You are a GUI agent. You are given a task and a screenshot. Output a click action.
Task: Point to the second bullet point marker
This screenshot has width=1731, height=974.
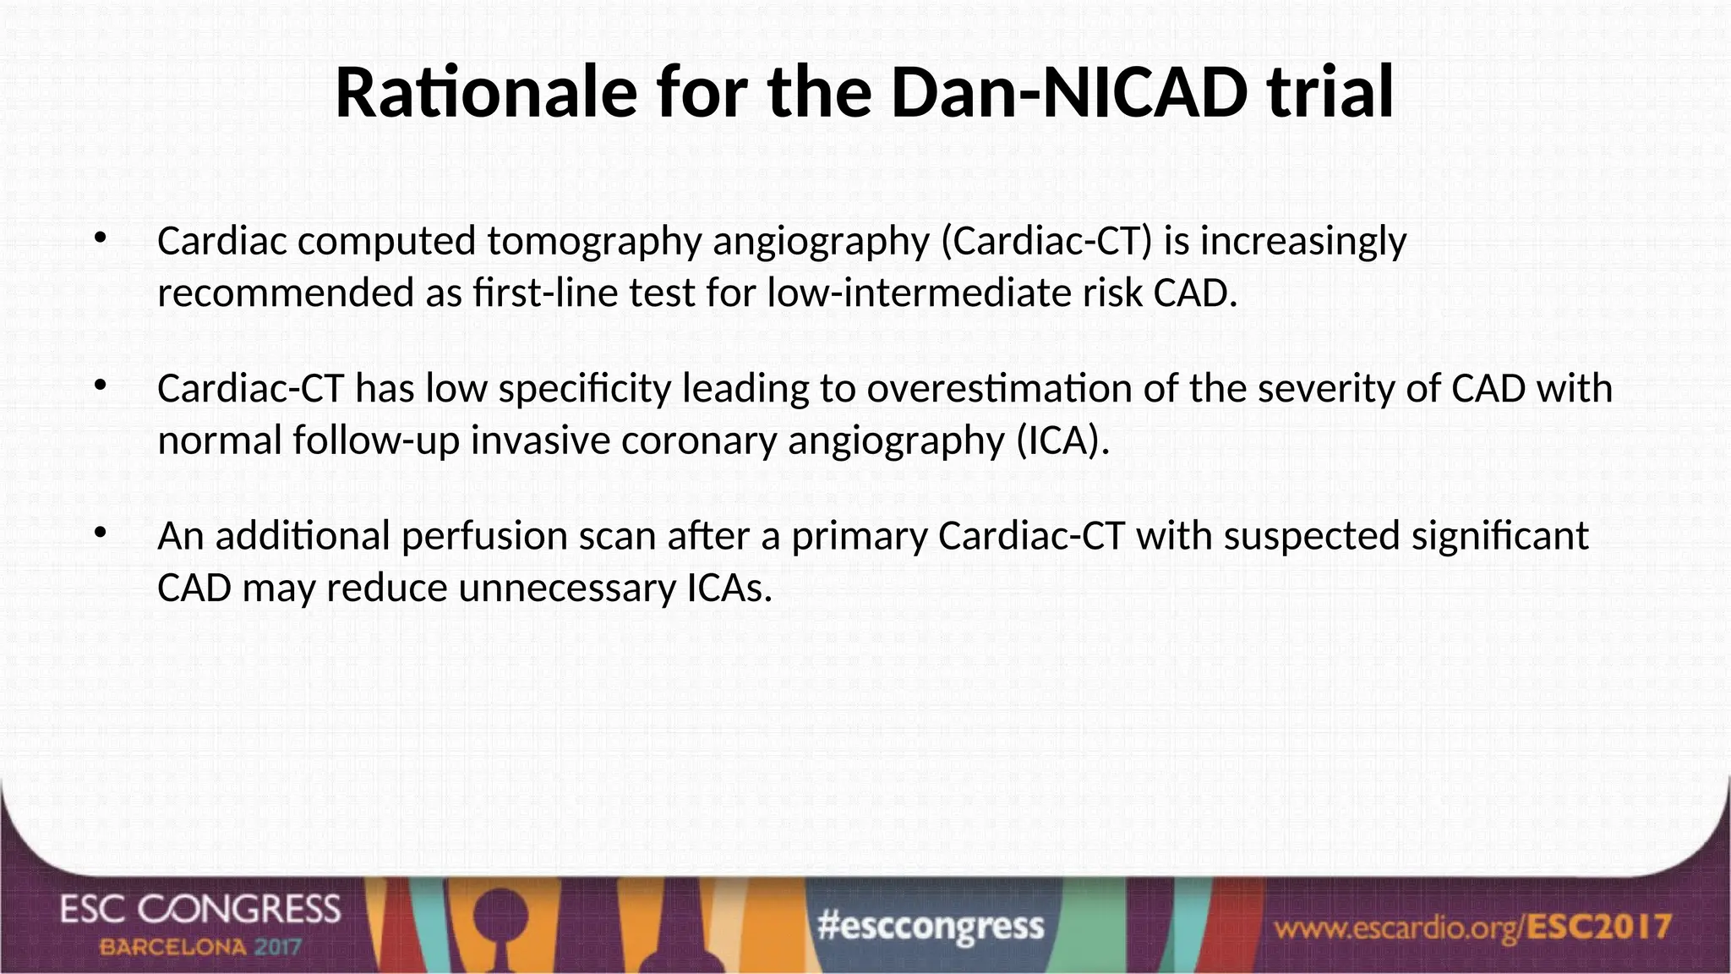click(101, 386)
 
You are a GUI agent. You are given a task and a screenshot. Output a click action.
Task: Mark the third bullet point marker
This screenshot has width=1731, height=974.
click(101, 534)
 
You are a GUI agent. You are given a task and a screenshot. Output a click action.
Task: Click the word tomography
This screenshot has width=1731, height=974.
click(594, 242)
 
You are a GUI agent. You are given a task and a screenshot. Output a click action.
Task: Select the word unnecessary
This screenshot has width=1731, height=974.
click(566, 588)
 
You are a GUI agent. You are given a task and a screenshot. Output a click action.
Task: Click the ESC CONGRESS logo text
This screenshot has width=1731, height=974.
click(200, 910)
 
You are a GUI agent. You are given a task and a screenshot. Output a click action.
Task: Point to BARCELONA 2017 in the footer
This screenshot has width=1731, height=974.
click(200, 947)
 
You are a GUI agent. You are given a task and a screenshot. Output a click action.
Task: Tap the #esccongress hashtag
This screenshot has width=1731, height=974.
click(931, 927)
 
